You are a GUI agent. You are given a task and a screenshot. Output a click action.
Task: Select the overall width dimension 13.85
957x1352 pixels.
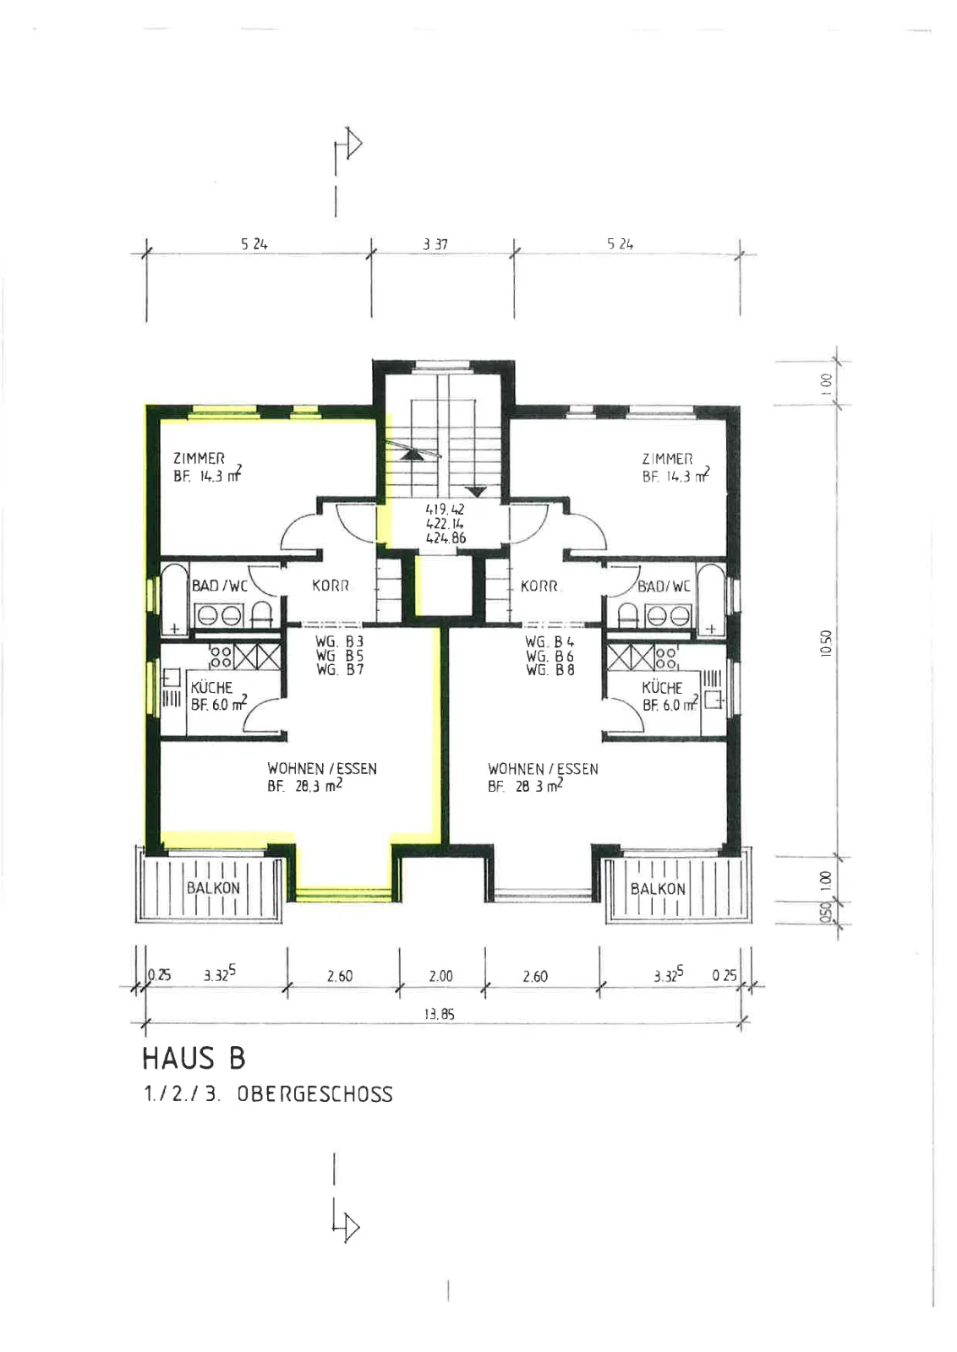coord(439,1014)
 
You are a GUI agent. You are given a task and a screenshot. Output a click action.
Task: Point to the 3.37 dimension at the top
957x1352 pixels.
coord(435,244)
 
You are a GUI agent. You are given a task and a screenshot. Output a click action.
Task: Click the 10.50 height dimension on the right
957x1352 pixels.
coord(826,643)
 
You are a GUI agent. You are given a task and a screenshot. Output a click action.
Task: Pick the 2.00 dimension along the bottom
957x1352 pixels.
coord(440,976)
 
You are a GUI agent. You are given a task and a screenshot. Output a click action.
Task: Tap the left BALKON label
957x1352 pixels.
coord(213,888)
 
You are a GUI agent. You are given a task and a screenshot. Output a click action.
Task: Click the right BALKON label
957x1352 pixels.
coord(658,888)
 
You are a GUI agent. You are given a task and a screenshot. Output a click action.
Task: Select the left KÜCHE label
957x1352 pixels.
coord(211,687)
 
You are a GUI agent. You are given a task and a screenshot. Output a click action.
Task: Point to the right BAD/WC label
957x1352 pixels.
coord(664,586)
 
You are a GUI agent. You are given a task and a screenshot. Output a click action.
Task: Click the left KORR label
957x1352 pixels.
coord(331,586)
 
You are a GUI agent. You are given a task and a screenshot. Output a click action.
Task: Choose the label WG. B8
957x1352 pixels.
coord(550,669)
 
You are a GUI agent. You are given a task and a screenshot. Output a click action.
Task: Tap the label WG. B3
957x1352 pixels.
coord(339,641)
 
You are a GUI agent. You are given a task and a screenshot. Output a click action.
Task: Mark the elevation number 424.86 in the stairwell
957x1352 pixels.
coord(446,537)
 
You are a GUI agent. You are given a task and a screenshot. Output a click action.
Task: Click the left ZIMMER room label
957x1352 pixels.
coord(199,458)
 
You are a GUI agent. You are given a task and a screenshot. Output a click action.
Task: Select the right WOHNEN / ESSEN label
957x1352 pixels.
coord(543,769)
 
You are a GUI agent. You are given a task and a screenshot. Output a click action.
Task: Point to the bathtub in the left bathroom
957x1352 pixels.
coord(174,599)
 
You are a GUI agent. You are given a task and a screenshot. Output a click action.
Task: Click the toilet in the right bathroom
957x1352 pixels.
coord(628,613)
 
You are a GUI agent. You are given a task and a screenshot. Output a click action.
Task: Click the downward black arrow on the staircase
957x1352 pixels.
coord(477,491)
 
